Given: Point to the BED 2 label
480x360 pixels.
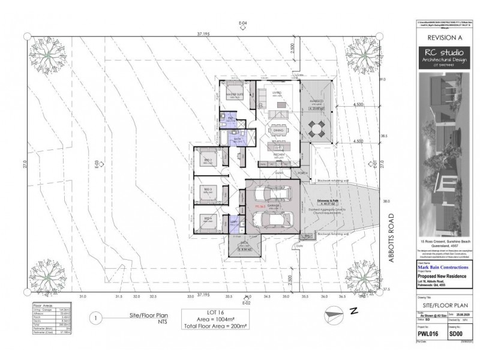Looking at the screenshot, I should point(207,161).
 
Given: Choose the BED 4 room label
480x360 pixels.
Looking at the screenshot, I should point(207,217).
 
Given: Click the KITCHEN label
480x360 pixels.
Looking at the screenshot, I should point(278,155).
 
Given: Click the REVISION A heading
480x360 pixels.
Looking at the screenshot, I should point(440,37).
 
